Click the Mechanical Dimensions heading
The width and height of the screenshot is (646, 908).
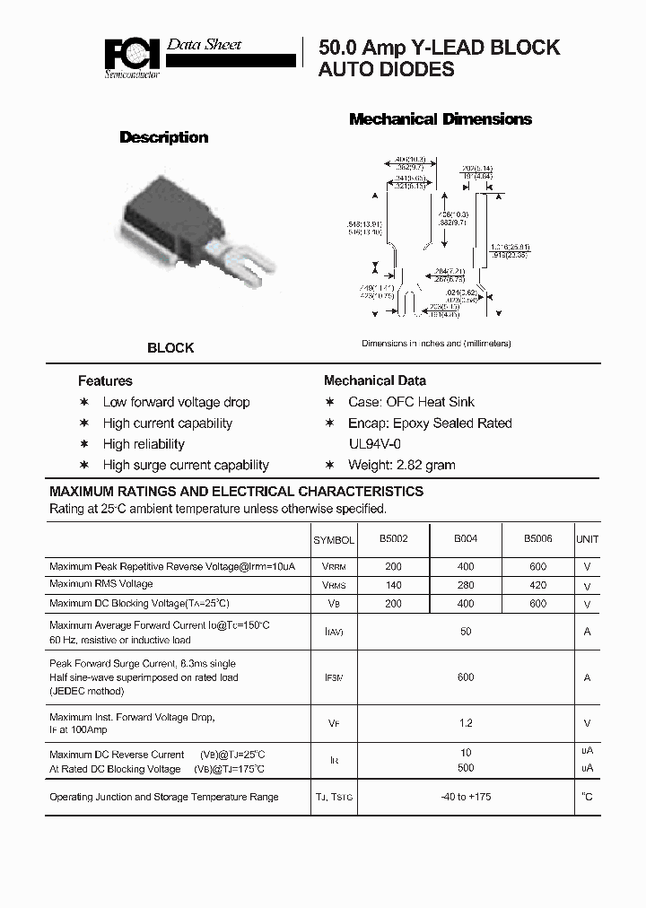pyautogui.click(x=440, y=119)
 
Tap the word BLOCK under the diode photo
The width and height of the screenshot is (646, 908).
pyautogui.click(x=170, y=348)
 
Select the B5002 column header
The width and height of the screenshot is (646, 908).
pyautogui.click(x=393, y=539)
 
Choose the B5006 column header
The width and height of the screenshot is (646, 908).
pyautogui.click(x=538, y=539)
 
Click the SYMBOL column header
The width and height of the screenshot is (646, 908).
pyautogui.click(x=334, y=540)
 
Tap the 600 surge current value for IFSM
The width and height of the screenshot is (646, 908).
pyautogui.click(x=465, y=677)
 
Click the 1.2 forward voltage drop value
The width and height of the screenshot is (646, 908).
pyautogui.click(x=465, y=723)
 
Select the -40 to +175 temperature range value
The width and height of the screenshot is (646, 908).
pyautogui.click(x=465, y=797)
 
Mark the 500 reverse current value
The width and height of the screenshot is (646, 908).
pyautogui.click(x=465, y=769)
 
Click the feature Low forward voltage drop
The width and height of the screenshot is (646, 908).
pyautogui.click(x=176, y=402)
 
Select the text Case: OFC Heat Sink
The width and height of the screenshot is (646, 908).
pyautogui.click(x=411, y=402)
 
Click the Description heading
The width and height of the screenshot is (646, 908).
pyautogui.click(x=164, y=137)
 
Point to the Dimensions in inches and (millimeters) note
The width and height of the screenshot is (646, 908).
pyautogui.click(x=436, y=344)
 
